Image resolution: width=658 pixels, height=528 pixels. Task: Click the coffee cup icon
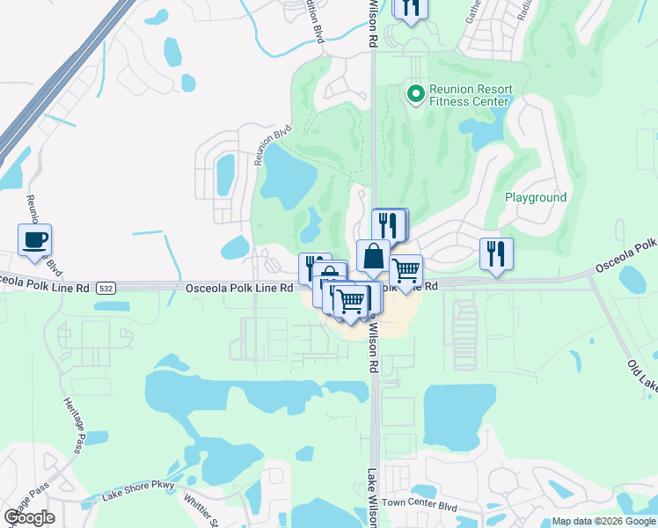click(34, 240)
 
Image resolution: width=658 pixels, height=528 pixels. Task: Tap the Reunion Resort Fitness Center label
click(469, 95)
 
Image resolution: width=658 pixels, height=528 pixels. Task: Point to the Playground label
click(536, 198)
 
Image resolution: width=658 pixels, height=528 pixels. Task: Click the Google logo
click(29, 517)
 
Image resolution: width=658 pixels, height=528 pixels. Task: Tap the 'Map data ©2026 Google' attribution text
click(603, 521)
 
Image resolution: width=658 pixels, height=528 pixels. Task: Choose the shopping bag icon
click(373, 257)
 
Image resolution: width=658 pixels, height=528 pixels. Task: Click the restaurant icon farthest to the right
click(496, 254)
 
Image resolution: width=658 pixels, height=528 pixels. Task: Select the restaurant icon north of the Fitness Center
click(410, 8)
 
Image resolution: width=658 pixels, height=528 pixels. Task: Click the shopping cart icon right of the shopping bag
click(406, 271)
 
